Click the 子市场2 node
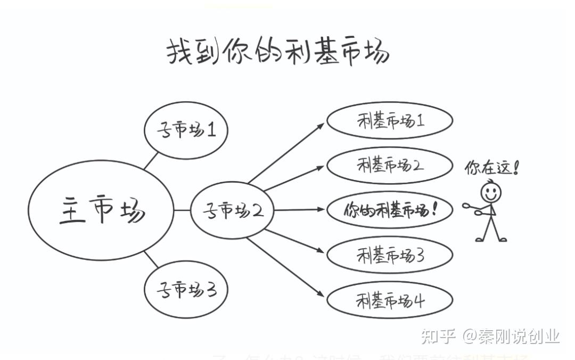click(x=232, y=211)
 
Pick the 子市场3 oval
click(x=186, y=290)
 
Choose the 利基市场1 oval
click(x=390, y=121)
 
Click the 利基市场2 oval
click(x=390, y=165)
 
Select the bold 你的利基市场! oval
click(x=390, y=210)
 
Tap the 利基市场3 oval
click(x=390, y=256)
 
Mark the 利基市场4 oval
click(x=390, y=301)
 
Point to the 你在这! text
click(x=491, y=168)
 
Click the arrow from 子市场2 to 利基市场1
click(x=286, y=153)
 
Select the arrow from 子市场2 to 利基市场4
click(x=286, y=267)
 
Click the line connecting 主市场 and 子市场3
click(x=151, y=259)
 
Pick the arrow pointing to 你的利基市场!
click(x=298, y=210)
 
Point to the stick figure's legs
click(x=491, y=229)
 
